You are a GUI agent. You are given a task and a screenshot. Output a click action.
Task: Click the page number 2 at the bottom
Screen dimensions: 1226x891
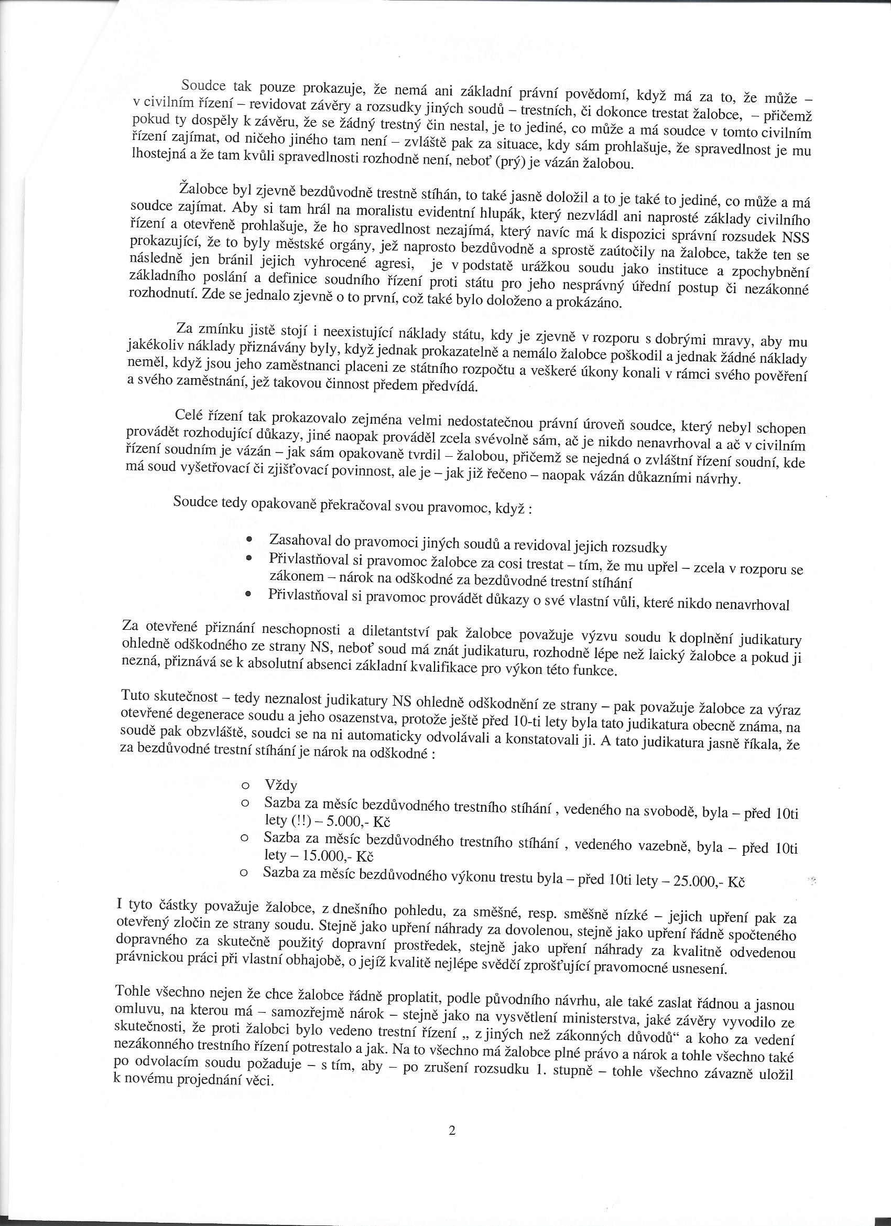pos(452,1173)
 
